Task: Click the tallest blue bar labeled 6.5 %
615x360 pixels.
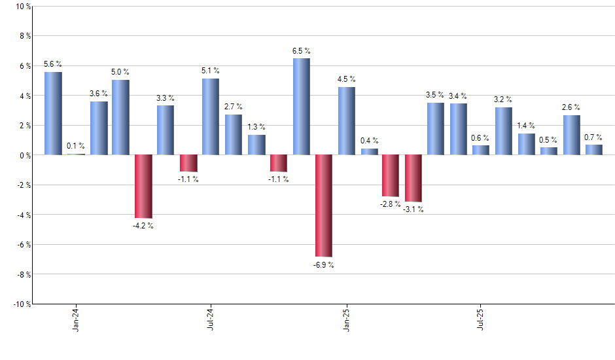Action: (301, 106)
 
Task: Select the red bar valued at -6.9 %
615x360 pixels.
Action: (324, 206)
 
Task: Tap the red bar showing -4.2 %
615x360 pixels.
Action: (143, 186)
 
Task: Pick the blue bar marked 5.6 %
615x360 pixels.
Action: (53, 113)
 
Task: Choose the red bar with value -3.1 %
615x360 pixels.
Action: (413, 178)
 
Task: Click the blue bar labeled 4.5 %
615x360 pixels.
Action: (347, 121)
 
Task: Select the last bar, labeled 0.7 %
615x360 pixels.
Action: (594, 150)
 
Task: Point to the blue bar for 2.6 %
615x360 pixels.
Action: (571, 135)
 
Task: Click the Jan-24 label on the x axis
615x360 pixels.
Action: (76, 319)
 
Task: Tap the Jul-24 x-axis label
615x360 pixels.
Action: (211, 319)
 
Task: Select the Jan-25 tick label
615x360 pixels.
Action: (346, 319)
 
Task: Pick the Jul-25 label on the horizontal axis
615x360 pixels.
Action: (481, 319)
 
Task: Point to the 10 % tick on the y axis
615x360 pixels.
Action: (22, 7)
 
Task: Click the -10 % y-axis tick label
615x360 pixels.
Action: (21, 304)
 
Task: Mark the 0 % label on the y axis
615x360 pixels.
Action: (24, 155)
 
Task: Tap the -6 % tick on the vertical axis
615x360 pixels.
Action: (23, 244)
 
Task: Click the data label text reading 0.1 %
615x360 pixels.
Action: (75, 146)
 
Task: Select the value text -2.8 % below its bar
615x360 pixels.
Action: (390, 205)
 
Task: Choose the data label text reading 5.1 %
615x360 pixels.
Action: (211, 70)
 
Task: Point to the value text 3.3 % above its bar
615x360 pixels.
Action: (166, 98)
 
